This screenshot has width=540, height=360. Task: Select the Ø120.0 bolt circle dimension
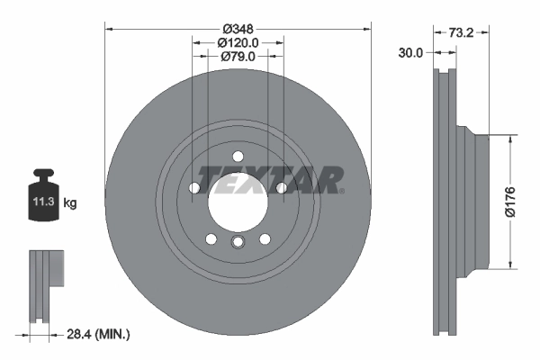point(238,41)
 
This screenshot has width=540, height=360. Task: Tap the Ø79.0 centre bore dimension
point(238,57)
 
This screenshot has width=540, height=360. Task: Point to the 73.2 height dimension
point(461,33)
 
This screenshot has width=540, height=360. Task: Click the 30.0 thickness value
point(410,53)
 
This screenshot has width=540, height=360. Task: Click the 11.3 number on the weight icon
point(42,202)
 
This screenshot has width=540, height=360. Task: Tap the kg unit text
point(70,203)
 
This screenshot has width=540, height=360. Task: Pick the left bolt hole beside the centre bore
point(194,187)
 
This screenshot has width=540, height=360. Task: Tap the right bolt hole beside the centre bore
point(281,187)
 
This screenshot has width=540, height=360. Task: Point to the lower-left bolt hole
point(211,238)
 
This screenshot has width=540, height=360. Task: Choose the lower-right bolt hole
point(265,238)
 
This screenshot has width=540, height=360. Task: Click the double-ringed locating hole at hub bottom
point(238,243)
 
